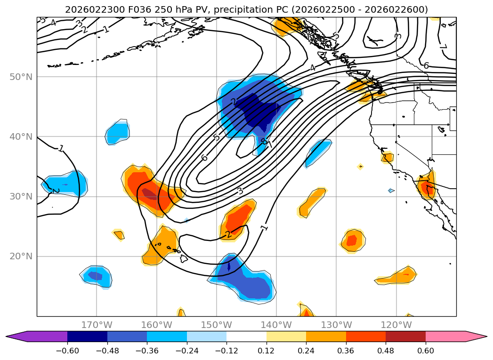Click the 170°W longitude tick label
tap(97, 325)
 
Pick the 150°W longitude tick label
tap(216, 325)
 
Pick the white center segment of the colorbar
tap(246, 336)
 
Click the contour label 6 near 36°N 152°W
tap(204, 158)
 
